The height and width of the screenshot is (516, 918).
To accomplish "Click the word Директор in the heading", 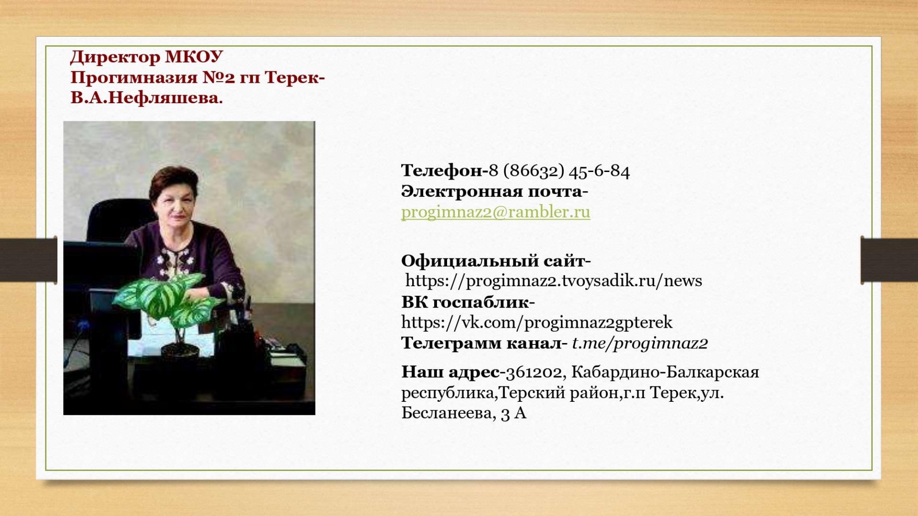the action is coord(115,57).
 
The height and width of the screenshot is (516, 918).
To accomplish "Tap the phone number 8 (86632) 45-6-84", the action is coord(559,171).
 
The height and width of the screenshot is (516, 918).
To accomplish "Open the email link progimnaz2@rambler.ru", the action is coord(496,212).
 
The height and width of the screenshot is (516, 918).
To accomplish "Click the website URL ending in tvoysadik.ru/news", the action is coord(554,281).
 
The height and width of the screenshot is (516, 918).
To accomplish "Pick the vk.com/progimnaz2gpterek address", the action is coord(537,323).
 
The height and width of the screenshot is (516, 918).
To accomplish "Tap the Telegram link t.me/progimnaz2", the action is coord(640,344).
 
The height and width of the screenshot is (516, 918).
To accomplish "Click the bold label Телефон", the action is coord(442,171).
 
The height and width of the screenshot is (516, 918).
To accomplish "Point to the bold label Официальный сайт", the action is coord(493,261).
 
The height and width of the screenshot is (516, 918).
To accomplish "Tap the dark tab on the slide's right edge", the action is coord(889,260).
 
